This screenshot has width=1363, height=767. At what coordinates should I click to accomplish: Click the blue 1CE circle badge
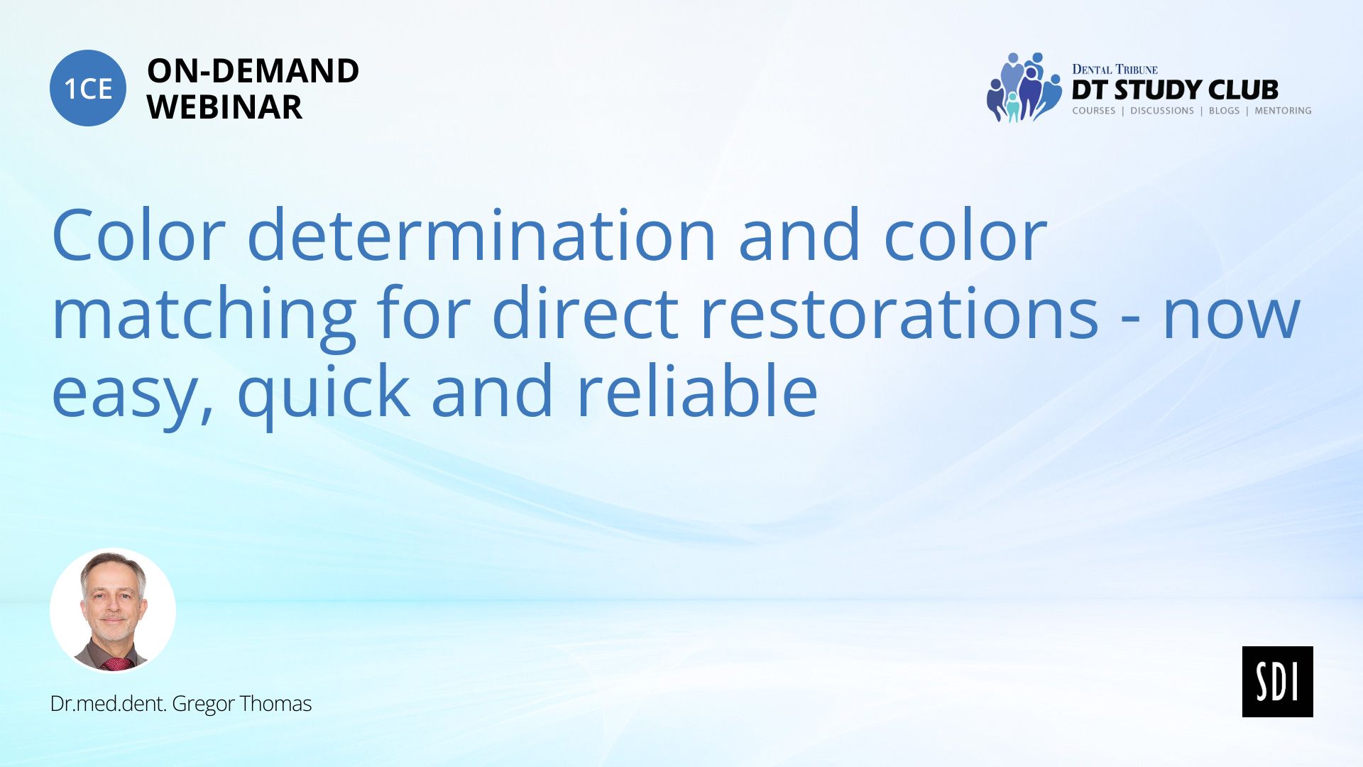point(88,88)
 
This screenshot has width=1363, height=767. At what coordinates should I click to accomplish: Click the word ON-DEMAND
point(253,71)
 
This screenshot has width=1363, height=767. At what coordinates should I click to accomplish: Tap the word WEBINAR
point(224,107)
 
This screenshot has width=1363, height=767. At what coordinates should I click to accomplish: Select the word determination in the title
point(481,234)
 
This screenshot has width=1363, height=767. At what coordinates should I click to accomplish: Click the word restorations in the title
point(899,313)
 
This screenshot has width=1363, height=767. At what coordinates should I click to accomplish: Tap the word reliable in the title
point(697,390)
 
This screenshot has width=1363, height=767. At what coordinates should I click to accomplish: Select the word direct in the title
point(585,313)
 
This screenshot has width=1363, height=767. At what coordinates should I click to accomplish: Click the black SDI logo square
point(1277,682)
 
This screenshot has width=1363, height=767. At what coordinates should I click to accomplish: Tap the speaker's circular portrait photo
point(113,610)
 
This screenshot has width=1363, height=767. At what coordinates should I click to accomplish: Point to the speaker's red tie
point(117,665)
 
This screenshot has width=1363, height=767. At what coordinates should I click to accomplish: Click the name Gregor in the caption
point(204,705)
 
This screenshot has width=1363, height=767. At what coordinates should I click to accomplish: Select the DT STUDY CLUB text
point(1175,90)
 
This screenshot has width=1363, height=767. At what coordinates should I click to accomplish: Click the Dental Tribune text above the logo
point(1115,70)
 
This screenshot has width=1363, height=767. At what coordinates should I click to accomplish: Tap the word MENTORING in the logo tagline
point(1283,111)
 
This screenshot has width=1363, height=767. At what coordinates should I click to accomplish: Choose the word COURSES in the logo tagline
point(1093,111)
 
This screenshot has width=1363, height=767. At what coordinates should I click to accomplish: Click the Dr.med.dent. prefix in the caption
point(109,704)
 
